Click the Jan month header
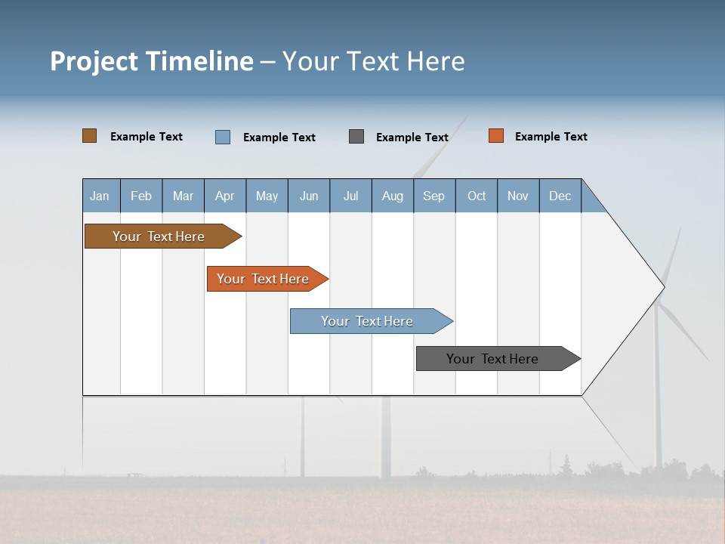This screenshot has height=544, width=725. point(100,196)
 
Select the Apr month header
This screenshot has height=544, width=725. point(225,196)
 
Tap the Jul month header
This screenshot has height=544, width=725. point(350,196)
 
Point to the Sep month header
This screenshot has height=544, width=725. point(434,196)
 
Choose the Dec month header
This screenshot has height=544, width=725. point(560,196)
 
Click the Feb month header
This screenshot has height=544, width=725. point(141,196)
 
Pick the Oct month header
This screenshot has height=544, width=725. point(477,196)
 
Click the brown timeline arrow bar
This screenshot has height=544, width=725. point(159,236)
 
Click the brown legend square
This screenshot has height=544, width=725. point(90,136)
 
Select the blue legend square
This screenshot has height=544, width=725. point(223,137)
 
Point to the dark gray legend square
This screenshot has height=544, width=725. point(356,137)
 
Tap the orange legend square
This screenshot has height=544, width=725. point(496,136)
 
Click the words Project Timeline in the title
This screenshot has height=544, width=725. point(152,61)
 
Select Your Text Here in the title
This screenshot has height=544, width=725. point(374,61)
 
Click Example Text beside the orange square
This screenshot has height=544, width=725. point(551,137)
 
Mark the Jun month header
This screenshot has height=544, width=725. point(309,196)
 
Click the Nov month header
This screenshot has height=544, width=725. point(518,196)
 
